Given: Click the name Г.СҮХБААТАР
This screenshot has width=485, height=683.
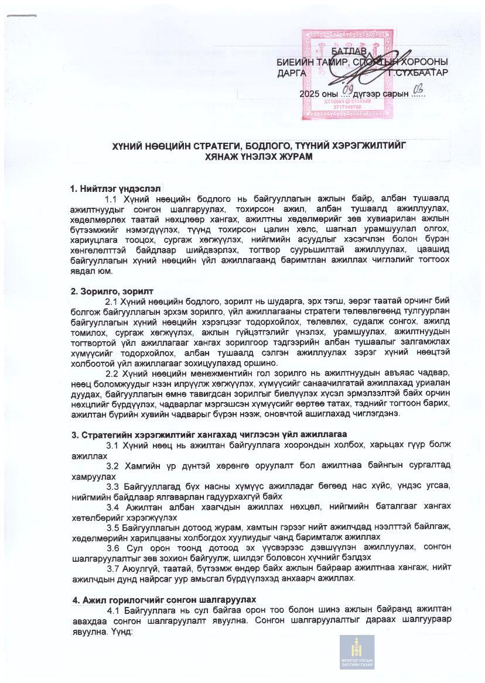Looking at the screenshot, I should tap(421, 73).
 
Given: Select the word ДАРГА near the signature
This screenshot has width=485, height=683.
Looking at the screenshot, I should tap(292, 73).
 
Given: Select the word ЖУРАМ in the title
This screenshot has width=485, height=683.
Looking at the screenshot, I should tap(296, 157).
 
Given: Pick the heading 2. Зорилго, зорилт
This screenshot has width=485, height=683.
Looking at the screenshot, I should tap(112, 291).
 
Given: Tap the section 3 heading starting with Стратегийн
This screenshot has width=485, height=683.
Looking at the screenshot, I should tap(209, 434).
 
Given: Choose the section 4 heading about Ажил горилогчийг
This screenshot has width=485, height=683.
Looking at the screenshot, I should tap(164, 600).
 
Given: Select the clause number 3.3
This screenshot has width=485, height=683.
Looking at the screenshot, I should tap(114, 486).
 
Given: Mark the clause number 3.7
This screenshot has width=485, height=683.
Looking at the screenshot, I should tap(114, 568).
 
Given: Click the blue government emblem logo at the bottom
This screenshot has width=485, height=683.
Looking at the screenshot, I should tap(357, 651).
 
